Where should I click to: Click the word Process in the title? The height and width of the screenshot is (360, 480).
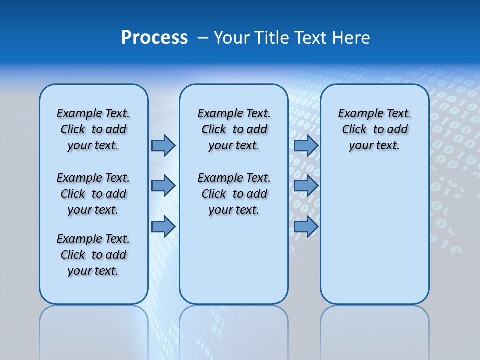click(x=154, y=38)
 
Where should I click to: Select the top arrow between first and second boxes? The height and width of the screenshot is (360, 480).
click(x=163, y=145)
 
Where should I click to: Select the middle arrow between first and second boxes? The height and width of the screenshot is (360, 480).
click(x=163, y=186)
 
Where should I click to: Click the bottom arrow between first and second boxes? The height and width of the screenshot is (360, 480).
click(x=163, y=227)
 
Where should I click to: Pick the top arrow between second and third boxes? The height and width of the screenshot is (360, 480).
click(x=306, y=145)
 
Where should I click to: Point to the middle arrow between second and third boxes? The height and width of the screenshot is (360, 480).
click(x=306, y=186)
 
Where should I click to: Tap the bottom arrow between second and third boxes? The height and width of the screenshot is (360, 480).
click(x=306, y=227)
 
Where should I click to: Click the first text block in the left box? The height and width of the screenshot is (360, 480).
click(x=93, y=129)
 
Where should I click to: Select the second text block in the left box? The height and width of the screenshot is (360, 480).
click(x=93, y=194)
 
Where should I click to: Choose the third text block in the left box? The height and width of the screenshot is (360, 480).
click(x=93, y=255)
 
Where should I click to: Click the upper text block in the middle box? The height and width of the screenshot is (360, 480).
click(x=234, y=129)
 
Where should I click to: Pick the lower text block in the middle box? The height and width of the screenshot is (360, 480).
click(x=234, y=194)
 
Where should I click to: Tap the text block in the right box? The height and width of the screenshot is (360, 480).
click(x=375, y=129)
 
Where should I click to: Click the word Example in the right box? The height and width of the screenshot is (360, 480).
click(x=357, y=114)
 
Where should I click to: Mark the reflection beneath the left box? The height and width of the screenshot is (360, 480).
click(x=94, y=330)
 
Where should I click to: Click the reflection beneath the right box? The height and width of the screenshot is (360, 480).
click(x=375, y=330)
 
